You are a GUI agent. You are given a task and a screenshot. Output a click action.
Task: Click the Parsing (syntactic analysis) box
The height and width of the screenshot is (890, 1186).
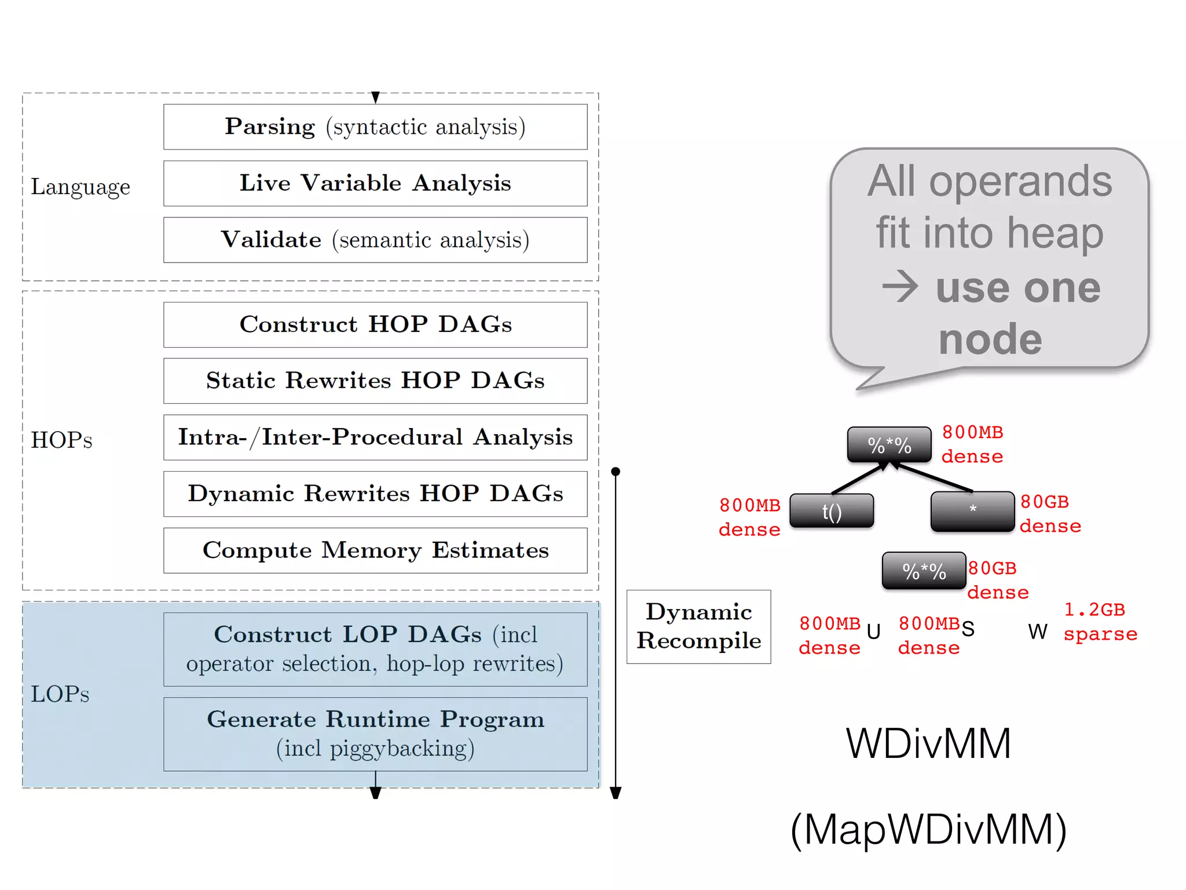click(375, 127)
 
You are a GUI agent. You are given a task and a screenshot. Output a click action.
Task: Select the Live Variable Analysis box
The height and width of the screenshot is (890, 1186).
click(375, 183)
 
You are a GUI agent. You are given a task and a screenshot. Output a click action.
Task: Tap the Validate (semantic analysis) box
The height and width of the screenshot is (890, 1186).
click(375, 240)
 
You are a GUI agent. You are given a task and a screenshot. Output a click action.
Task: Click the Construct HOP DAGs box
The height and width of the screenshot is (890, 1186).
click(375, 324)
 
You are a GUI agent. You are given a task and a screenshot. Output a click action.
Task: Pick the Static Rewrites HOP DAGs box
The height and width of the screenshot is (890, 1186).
click(375, 381)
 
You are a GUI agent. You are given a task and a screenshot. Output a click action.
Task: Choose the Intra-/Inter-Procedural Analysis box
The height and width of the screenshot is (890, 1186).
click(375, 437)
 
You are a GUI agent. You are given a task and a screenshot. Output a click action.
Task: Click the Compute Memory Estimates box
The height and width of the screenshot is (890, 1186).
click(375, 550)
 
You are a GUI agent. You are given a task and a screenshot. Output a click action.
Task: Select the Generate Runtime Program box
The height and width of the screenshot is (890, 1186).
click(375, 734)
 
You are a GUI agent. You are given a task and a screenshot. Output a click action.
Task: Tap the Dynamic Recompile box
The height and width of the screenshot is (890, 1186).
click(698, 626)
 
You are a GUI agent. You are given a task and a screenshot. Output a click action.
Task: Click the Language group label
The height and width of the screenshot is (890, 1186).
click(80, 187)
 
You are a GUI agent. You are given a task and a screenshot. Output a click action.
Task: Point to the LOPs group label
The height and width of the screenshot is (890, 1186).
click(60, 694)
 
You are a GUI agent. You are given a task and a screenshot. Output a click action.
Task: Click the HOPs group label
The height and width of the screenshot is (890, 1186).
click(61, 440)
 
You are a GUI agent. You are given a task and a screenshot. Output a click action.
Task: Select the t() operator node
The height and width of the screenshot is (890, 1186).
click(832, 511)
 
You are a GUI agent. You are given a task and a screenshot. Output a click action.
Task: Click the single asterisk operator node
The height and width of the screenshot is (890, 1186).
click(972, 511)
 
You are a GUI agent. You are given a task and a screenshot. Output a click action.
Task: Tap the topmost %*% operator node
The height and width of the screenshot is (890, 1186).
click(889, 444)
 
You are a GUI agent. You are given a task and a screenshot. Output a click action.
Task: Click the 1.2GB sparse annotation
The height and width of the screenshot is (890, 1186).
click(1100, 622)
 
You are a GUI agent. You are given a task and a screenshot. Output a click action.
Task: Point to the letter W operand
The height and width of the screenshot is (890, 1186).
click(1037, 631)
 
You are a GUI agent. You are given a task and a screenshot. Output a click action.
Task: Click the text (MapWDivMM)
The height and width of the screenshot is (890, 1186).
click(928, 829)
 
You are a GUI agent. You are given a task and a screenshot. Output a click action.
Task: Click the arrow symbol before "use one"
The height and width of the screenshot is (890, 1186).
click(900, 287)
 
